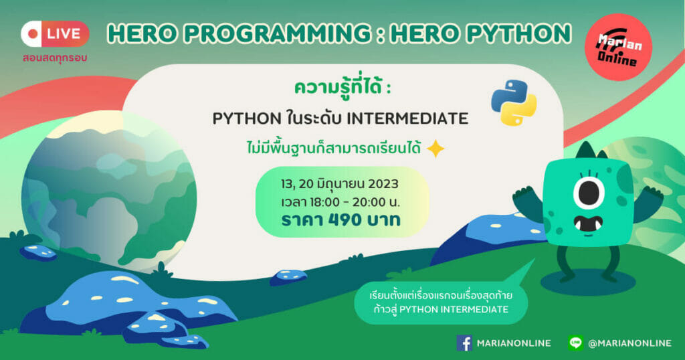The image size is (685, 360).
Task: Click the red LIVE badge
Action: click(x=55, y=33)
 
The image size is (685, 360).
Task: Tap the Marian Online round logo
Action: click(x=618, y=48)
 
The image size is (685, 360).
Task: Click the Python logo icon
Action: click(x=514, y=102)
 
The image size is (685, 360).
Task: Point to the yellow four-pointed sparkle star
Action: click(x=435, y=149)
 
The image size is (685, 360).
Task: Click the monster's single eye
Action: click(x=589, y=193)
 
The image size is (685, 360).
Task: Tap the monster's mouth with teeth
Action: click(x=588, y=224)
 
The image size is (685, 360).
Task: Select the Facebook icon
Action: click(x=464, y=343)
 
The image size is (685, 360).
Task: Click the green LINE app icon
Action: click(x=576, y=343)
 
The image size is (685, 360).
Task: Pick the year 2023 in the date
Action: click(x=383, y=184)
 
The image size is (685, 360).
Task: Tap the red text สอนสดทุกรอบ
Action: click(x=55, y=58)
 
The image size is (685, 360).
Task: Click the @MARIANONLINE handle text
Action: click(x=629, y=343)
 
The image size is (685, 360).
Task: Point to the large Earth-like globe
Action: click(x=109, y=191)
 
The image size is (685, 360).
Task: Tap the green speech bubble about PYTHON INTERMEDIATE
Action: click(x=442, y=302)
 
